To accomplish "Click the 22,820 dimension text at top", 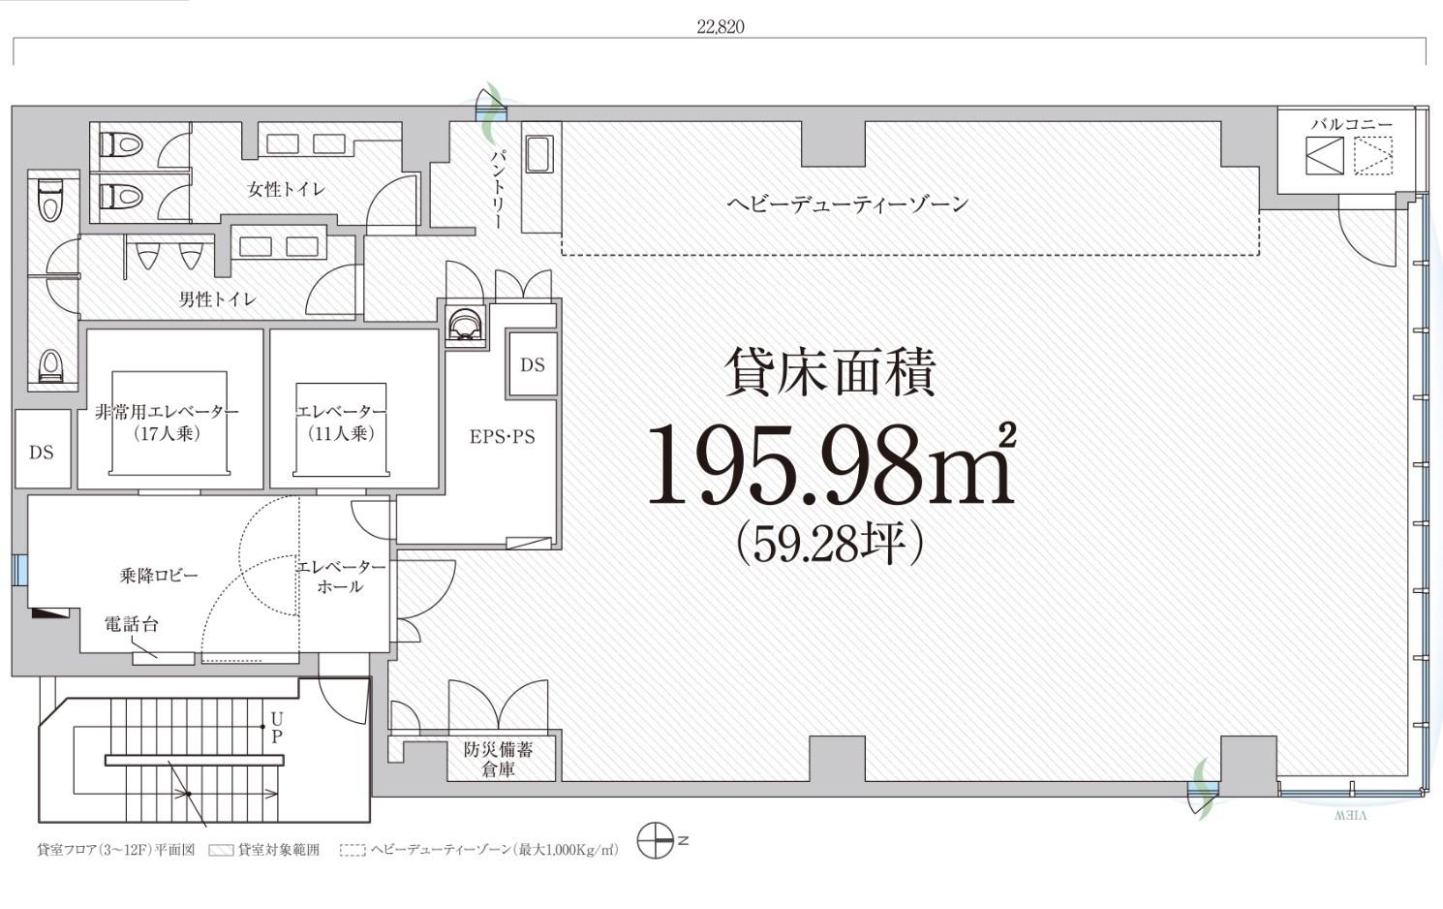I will (720, 27).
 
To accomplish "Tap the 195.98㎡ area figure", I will (831, 465).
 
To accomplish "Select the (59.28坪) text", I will (830, 544).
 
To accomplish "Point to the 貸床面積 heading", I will (830, 373).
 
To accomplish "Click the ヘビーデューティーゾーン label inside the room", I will (847, 204).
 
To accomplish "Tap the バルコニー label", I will (1351, 125).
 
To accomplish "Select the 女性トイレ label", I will (286, 189).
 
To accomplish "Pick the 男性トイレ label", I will (217, 299).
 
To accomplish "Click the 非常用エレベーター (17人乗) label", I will (168, 423).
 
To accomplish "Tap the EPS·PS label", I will (502, 437).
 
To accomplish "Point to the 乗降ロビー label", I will (159, 576).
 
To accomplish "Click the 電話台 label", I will (131, 625).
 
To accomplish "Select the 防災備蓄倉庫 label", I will (498, 760).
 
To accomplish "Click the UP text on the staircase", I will (277, 728).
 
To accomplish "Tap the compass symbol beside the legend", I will (656, 840).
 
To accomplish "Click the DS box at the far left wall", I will (42, 452).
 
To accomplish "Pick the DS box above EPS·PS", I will (533, 365).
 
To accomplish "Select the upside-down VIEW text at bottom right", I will (1350, 816).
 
